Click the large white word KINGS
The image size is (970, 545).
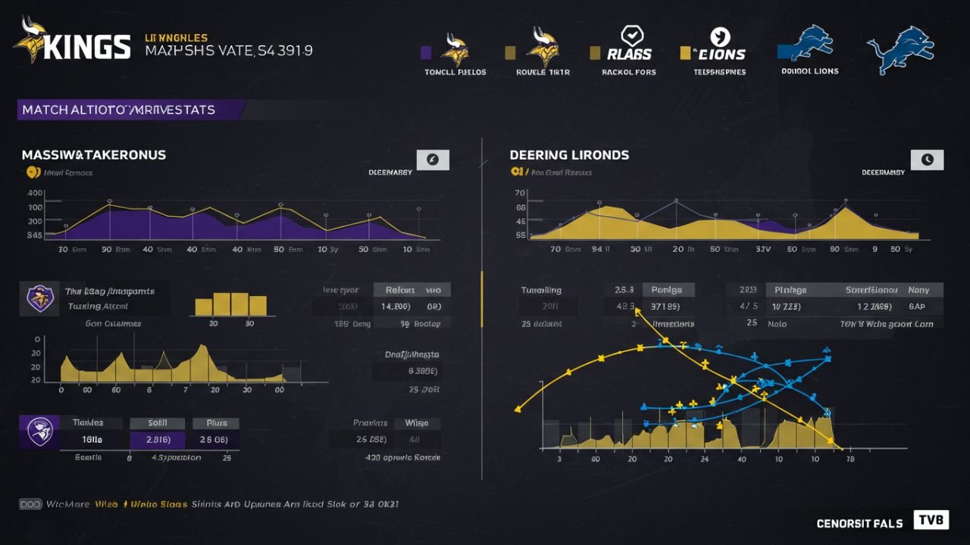[x=87, y=47]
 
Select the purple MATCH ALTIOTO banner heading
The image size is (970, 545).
[x=119, y=110]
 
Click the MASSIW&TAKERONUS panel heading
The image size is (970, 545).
[x=94, y=154]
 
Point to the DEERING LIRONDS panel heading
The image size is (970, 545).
[x=569, y=154]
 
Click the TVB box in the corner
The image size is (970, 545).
[x=931, y=520]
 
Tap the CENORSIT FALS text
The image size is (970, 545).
[x=859, y=523]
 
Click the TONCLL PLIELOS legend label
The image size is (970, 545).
[x=455, y=72]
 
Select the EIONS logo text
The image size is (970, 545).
[x=719, y=54]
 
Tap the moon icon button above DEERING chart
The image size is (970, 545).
[x=927, y=160]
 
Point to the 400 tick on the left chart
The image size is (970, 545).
[x=35, y=193]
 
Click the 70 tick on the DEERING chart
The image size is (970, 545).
[x=521, y=193]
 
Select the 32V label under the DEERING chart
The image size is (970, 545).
[x=762, y=248]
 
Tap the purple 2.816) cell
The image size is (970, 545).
[x=157, y=440]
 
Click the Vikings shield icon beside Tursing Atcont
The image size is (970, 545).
[x=39, y=299]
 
